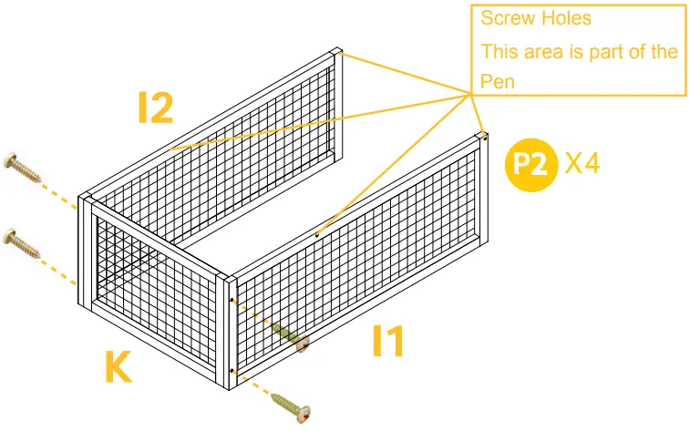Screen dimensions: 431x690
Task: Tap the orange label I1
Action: pyautogui.click(x=387, y=341)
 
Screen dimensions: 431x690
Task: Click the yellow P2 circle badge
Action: pyautogui.click(x=530, y=165)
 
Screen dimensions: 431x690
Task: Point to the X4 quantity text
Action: pyautogui.click(x=582, y=164)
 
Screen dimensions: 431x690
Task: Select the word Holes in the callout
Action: pyautogui.click(x=566, y=19)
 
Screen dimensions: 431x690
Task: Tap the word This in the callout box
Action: pyautogui.click(x=499, y=51)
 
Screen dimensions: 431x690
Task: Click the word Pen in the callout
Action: pyautogui.click(x=498, y=81)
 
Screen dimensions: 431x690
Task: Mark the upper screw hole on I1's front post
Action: pyautogui.click(x=233, y=300)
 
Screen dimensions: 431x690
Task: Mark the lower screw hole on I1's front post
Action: pyautogui.click(x=233, y=371)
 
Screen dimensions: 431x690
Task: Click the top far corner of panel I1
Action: pyautogui.click(x=484, y=137)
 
